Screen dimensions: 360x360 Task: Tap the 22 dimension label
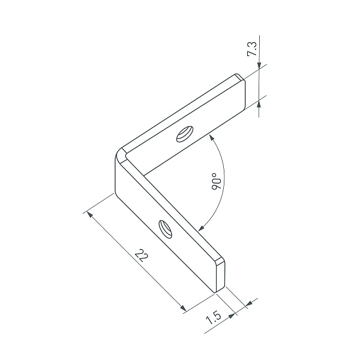tap(142, 256)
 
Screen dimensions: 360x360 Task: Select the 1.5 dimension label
tap(214, 317)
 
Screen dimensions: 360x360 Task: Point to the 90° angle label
tap(217, 181)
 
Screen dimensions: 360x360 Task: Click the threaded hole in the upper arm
tap(185, 134)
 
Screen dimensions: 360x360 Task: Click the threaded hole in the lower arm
tap(166, 229)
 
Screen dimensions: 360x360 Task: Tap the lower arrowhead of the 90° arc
tap(201, 228)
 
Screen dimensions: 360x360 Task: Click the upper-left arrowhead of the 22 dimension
tap(90, 215)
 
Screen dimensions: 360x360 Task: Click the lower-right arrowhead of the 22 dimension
tap(183, 308)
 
